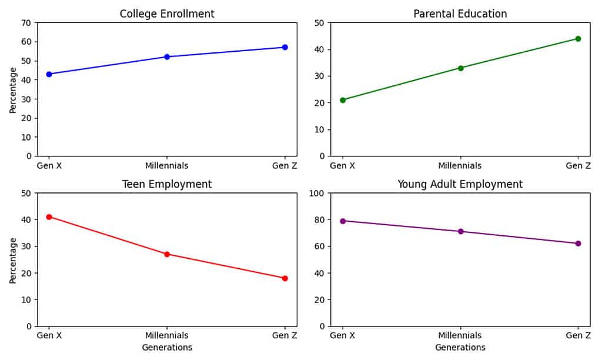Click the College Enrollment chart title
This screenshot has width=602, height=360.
(167, 14)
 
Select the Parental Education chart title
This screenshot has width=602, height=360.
(460, 14)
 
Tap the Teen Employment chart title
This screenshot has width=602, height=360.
(167, 184)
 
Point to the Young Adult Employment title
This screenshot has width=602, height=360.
(460, 184)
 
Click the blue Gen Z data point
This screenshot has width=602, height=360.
(285, 47)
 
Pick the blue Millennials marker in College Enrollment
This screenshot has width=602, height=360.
(167, 56)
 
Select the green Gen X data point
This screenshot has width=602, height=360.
(343, 100)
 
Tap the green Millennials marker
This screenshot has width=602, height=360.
(460, 68)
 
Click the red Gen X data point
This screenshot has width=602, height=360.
(49, 217)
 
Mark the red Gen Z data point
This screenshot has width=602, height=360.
(285, 278)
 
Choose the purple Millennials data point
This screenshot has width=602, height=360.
(460, 231)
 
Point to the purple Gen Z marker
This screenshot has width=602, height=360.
(578, 244)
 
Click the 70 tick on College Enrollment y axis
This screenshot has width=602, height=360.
(26, 23)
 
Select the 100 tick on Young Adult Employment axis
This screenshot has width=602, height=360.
(317, 194)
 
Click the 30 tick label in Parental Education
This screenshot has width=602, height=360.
(320, 76)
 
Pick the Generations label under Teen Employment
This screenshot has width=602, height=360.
(167, 348)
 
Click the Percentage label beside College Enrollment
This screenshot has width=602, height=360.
(13, 89)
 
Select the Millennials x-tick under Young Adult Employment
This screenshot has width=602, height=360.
(460, 336)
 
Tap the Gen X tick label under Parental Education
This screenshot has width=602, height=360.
(343, 166)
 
